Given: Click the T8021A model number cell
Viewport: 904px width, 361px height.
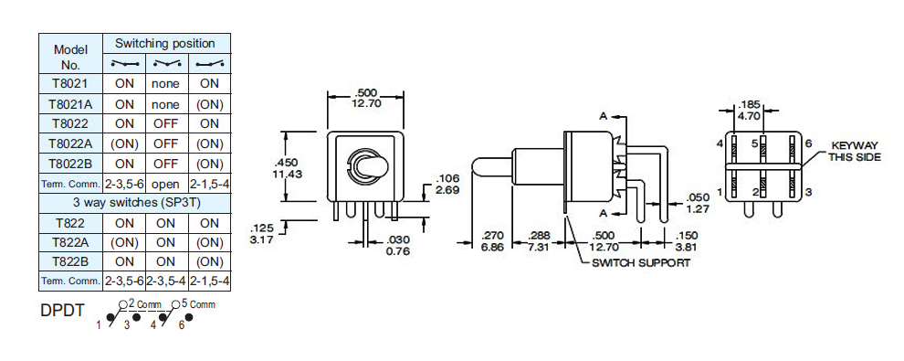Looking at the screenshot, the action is pos(70,104).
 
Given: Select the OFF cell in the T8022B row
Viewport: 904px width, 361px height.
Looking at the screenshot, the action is pos(166,164).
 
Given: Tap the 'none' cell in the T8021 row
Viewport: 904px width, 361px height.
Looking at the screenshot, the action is pos(166,84).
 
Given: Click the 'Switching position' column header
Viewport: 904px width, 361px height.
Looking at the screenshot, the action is pos(165,43).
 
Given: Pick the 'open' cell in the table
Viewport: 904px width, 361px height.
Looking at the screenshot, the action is pos(166,185).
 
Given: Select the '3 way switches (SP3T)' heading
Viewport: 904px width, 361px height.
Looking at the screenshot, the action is pos(134,203).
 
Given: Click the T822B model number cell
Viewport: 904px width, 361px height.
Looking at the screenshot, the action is pos(70,261).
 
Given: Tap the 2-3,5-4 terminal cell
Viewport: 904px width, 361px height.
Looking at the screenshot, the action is pos(166,281).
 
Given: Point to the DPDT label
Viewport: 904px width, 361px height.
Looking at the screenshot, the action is pos(62,311).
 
